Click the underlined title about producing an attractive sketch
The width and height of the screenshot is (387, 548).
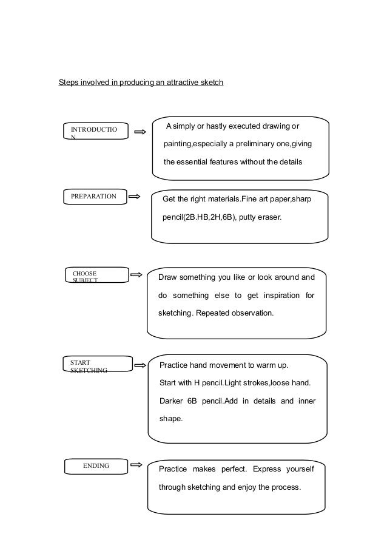(141, 82)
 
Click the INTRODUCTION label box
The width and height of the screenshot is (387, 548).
(95, 132)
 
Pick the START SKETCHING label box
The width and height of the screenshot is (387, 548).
(97, 364)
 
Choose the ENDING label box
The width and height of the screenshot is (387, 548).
(96, 465)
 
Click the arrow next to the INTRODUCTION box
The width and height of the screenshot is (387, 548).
(140, 132)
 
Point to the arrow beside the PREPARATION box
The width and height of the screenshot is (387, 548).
(135, 196)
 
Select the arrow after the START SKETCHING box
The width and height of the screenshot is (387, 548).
(139, 365)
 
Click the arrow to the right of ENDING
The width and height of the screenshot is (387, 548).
(136, 465)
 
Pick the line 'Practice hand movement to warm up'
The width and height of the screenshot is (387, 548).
(223, 366)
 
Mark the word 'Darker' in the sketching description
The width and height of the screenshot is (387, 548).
(171, 401)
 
